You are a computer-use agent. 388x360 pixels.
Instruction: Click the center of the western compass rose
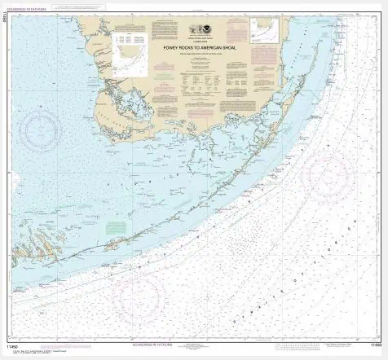point(41,130)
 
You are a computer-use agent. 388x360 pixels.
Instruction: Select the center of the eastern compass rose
point(327,174)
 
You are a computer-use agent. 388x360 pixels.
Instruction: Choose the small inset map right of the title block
point(265,31)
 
